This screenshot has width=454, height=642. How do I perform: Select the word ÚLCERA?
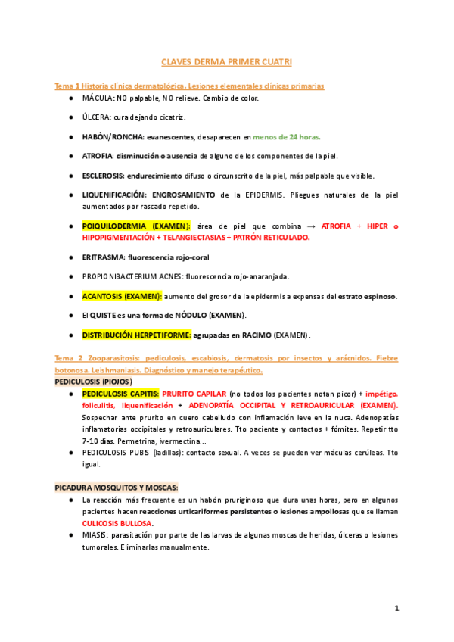tap(97, 117)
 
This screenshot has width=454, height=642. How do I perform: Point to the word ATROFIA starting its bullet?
tap(98, 156)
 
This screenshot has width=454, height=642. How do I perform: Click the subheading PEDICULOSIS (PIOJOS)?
tap(93, 382)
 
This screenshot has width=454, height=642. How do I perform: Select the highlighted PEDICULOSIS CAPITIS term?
tap(120, 394)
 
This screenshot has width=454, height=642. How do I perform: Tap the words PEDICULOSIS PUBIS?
tap(117, 453)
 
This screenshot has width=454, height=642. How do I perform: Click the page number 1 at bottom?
tap(396, 608)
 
